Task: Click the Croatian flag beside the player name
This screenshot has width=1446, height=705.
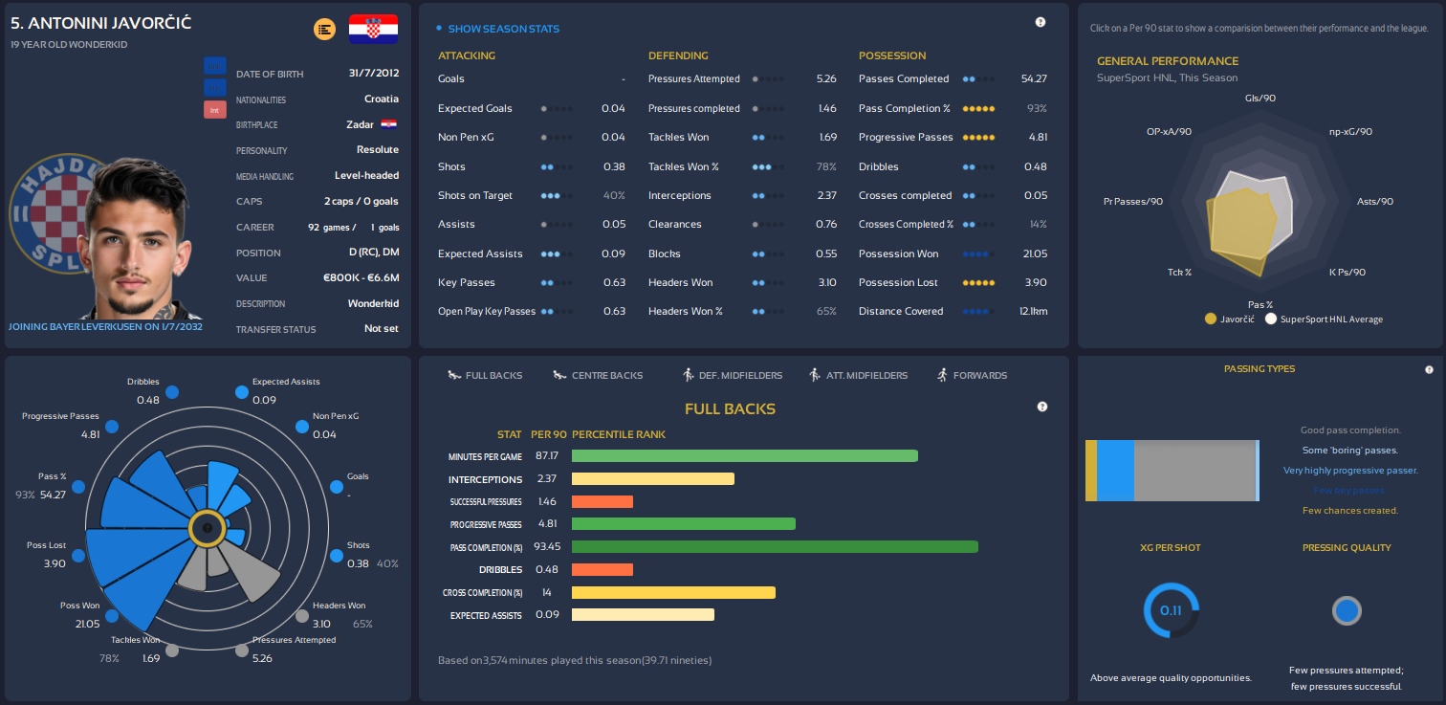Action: pyautogui.click(x=373, y=29)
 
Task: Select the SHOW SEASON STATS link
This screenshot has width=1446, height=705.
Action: pyautogui.click(x=503, y=29)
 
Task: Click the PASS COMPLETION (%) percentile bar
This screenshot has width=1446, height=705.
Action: pyautogui.click(x=775, y=547)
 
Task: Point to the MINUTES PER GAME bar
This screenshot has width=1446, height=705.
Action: pyautogui.click(x=744, y=456)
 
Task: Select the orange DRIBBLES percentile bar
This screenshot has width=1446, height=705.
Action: pyautogui.click(x=602, y=570)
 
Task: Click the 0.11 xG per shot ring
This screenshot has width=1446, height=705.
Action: pyautogui.click(x=1171, y=610)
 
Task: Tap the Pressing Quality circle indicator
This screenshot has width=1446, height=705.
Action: pyautogui.click(x=1347, y=611)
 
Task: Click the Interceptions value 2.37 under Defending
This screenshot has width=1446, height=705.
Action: pyautogui.click(x=826, y=195)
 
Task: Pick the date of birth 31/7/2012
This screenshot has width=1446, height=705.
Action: pyautogui.click(x=373, y=74)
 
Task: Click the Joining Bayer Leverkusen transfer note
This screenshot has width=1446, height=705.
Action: pyautogui.click(x=105, y=326)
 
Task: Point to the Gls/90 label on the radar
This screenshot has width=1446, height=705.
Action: pyautogui.click(x=1260, y=98)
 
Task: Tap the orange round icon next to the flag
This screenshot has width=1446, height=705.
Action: pyautogui.click(x=324, y=30)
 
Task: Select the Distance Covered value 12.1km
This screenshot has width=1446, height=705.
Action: pyautogui.click(x=1033, y=311)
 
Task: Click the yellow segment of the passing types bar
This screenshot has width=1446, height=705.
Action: pyautogui.click(x=1091, y=470)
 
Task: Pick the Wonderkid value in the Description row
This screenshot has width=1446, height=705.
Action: pyautogui.click(x=373, y=303)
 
